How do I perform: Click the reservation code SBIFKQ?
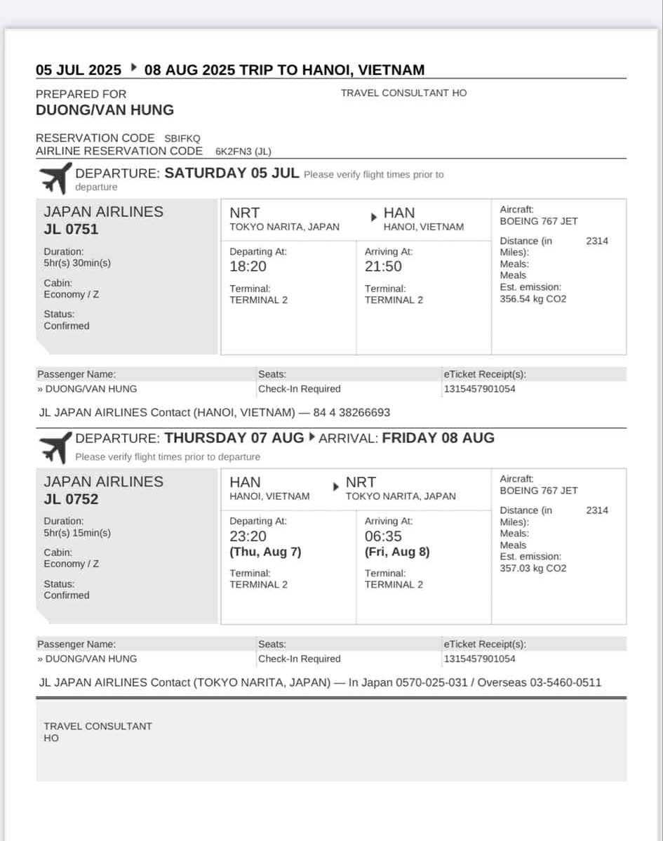click(x=182, y=138)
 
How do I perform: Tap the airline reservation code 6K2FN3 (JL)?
click(x=243, y=151)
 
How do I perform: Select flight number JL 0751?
click(x=71, y=230)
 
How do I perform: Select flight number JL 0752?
click(x=71, y=499)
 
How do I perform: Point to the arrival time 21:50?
click(x=383, y=266)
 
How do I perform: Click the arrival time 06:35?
click(x=383, y=536)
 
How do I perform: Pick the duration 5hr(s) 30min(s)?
click(x=77, y=263)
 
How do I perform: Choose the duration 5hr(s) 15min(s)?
click(x=77, y=533)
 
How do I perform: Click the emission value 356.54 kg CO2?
click(x=533, y=299)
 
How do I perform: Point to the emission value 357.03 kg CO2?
click(x=533, y=569)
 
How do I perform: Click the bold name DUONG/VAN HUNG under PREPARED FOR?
click(x=105, y=110)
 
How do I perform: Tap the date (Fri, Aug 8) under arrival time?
click(x=397, y=552)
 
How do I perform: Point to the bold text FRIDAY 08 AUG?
click(x=438, y=438)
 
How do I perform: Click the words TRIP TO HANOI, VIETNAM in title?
click(x=332, y=70)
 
